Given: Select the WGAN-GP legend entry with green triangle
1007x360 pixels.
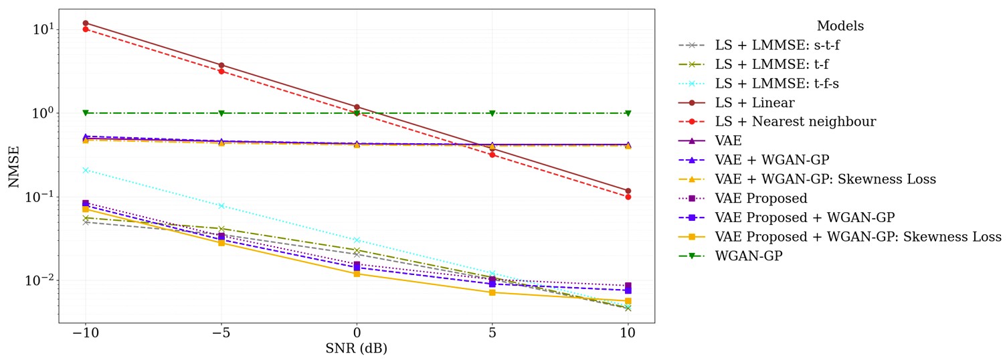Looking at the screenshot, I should tap(749, 256).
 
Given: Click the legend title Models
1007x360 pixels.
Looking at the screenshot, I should tap(840, 26).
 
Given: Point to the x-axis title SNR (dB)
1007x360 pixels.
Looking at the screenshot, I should tap(356, 349).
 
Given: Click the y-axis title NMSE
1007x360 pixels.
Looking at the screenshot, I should tap(13, 167).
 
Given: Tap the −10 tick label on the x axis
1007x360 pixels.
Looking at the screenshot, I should tap(85, 333).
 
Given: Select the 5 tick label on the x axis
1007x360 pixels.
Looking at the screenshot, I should tap(492, 333).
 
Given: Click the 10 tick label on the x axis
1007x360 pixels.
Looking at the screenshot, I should tap(628, 333).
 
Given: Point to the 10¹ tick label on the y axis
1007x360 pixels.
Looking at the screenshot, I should tap(41, 29).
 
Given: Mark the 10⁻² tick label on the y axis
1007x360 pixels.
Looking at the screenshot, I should tap(39, 281).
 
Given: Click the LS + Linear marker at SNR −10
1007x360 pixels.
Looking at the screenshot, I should tap(86, 23).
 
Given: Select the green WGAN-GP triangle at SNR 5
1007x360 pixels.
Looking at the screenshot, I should tap(492, 113).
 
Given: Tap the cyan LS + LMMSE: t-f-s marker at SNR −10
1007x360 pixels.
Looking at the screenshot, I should tap(86, 171).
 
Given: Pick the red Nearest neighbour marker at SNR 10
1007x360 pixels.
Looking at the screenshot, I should tap(628, 197).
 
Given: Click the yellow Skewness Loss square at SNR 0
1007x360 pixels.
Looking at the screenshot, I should tap(357, 274).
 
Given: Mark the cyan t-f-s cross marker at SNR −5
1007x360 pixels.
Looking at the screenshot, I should tap(221, 205).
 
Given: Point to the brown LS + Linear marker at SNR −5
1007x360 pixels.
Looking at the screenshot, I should tap(221, 66).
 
